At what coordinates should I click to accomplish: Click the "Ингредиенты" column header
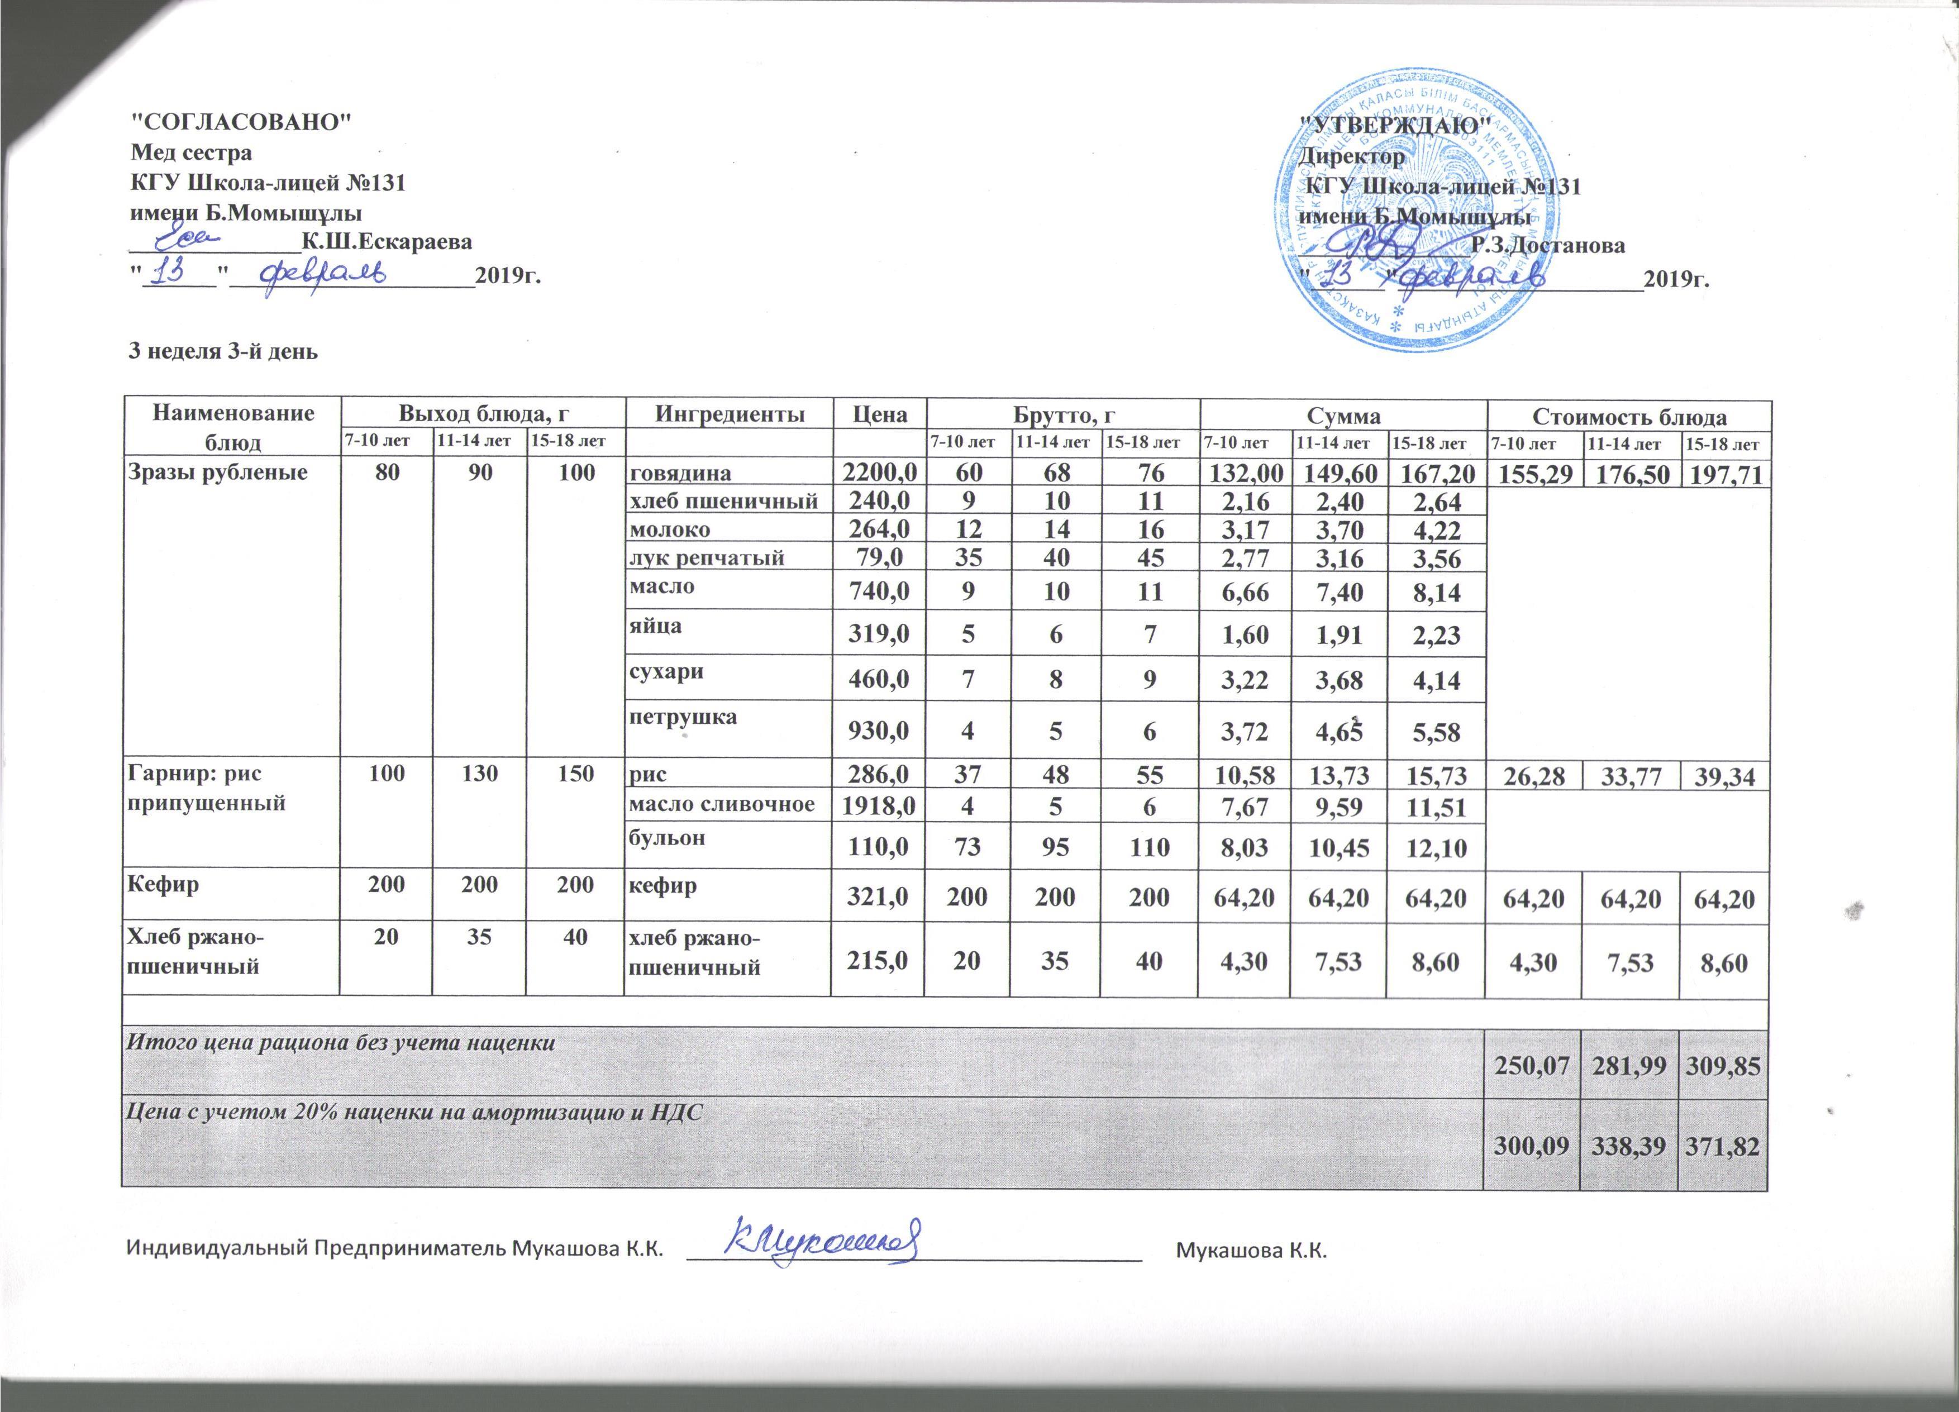pyautogui.click(x=727, y=414)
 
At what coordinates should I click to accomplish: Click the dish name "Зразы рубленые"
pyautogui.click(x=218, y=473)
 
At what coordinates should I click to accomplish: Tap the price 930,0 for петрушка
pyautogui.click(x=879, y=732)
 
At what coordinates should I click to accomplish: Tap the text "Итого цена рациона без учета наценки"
pyautogui.click(x=341, y=1042)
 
